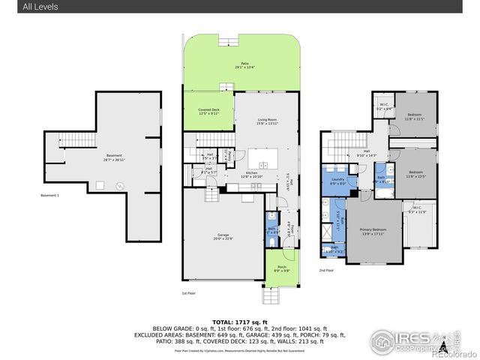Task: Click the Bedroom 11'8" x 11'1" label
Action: (x=415, y=117)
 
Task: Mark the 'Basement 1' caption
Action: (x=49, y=196)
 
